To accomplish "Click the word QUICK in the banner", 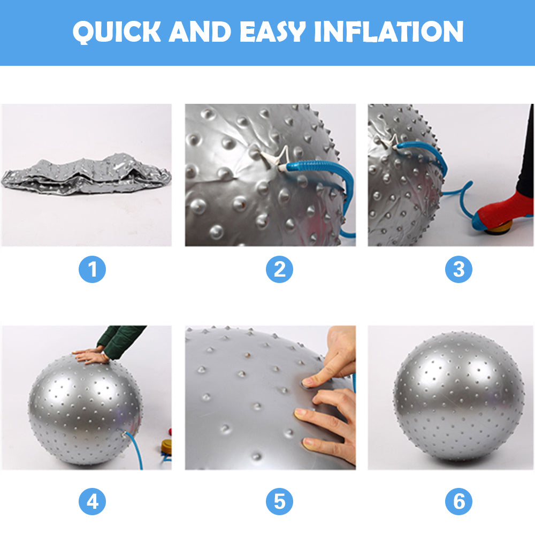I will coord(117,32).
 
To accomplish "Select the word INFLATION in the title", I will coord(388,32).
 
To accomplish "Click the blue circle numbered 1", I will coord(92,270).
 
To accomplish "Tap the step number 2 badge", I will coord(279,270).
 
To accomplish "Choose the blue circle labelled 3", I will coord(458,270).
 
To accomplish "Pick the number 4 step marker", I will coord(92,502).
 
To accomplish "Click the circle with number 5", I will coord(279,502).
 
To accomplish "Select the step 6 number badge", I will coord(458,502).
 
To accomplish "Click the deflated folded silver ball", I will coord(86,174).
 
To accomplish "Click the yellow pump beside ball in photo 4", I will coord(166,447).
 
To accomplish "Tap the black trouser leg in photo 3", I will coord(526,155).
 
